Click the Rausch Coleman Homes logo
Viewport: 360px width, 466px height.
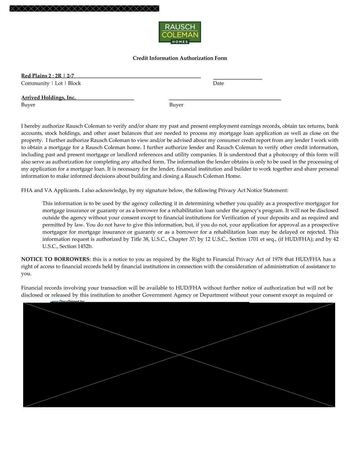click(x=180, y=32)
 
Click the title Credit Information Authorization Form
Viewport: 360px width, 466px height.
click(x=180, y=58)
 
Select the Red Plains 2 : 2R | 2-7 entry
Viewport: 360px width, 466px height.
click(x=48, y=76)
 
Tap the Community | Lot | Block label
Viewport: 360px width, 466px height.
click(x=51, y=83)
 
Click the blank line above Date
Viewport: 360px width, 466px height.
click(x=237, y=77)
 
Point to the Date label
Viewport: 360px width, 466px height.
click(x=218, y=83)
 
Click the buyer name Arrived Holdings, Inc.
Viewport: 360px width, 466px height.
click(x=49, y=97)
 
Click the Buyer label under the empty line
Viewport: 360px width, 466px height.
click(x=176, y=105)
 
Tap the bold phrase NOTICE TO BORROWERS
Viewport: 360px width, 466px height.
click(x=55, y=259)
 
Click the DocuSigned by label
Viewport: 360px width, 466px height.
click(x=72, y=301)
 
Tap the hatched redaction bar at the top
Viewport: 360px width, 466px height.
click(x=84, y=8)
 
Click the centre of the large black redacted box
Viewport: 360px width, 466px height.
click(x=179, y=355)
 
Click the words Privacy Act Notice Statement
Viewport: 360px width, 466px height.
click(x=253, y=190)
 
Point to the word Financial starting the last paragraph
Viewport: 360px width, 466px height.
click(x=31, y=288)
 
